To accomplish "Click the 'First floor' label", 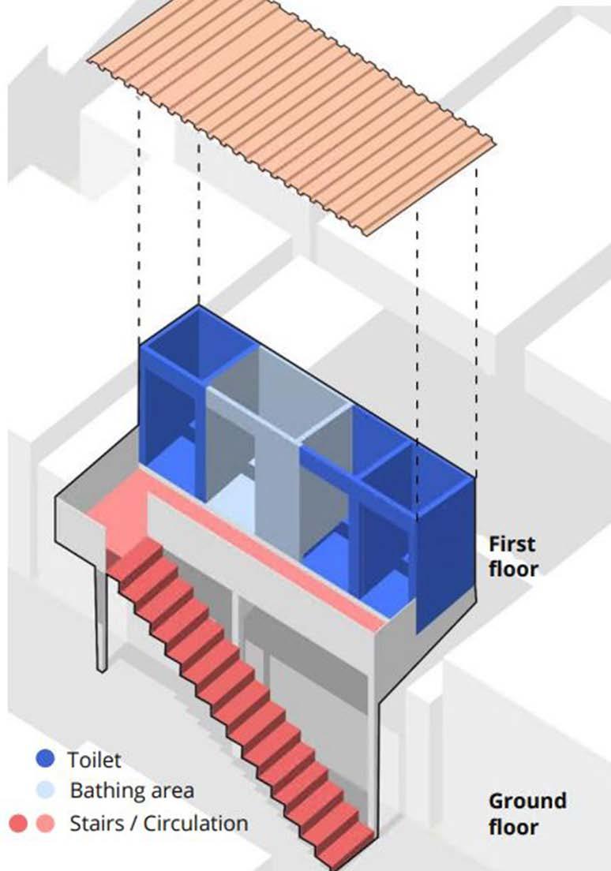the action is tap(512, 556).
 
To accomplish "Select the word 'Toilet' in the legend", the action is tap(94, 760).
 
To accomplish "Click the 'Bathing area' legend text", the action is tap(131, 790).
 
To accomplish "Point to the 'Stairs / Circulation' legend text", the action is tap(159, 824).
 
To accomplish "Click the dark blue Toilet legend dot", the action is tap(46, 760).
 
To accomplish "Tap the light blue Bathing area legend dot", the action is tap(46, 791).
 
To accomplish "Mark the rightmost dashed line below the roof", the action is tap(476, 316).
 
